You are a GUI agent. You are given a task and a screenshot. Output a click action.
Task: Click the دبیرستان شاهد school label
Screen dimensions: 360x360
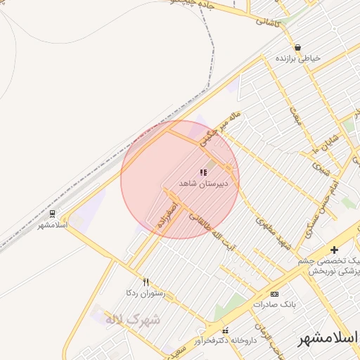pos(199,183)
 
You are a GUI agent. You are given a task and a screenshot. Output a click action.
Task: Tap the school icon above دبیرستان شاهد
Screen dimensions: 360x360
pos(203,172)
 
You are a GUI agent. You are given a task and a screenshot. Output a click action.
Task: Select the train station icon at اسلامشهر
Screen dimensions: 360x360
pos(52,214)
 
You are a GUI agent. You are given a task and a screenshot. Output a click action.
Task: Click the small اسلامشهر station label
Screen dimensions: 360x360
pos(51,225)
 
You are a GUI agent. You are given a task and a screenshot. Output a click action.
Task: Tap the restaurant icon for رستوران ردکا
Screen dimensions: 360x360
pos(146,281)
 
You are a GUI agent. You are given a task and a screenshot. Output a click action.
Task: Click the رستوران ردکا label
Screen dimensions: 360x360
pos(145,292)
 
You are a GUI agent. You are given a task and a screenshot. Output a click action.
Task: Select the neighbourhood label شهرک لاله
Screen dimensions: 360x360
pos(133,319)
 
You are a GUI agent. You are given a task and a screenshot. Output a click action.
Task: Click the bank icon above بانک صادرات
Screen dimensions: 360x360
pos(274,294)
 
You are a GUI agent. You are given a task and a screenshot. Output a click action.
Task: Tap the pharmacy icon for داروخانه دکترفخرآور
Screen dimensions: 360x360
pos(225,330)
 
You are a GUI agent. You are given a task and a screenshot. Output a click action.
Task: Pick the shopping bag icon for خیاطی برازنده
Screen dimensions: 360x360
pos(297,48)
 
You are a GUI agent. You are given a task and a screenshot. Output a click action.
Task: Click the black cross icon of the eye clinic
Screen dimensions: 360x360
pos(334,250)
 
